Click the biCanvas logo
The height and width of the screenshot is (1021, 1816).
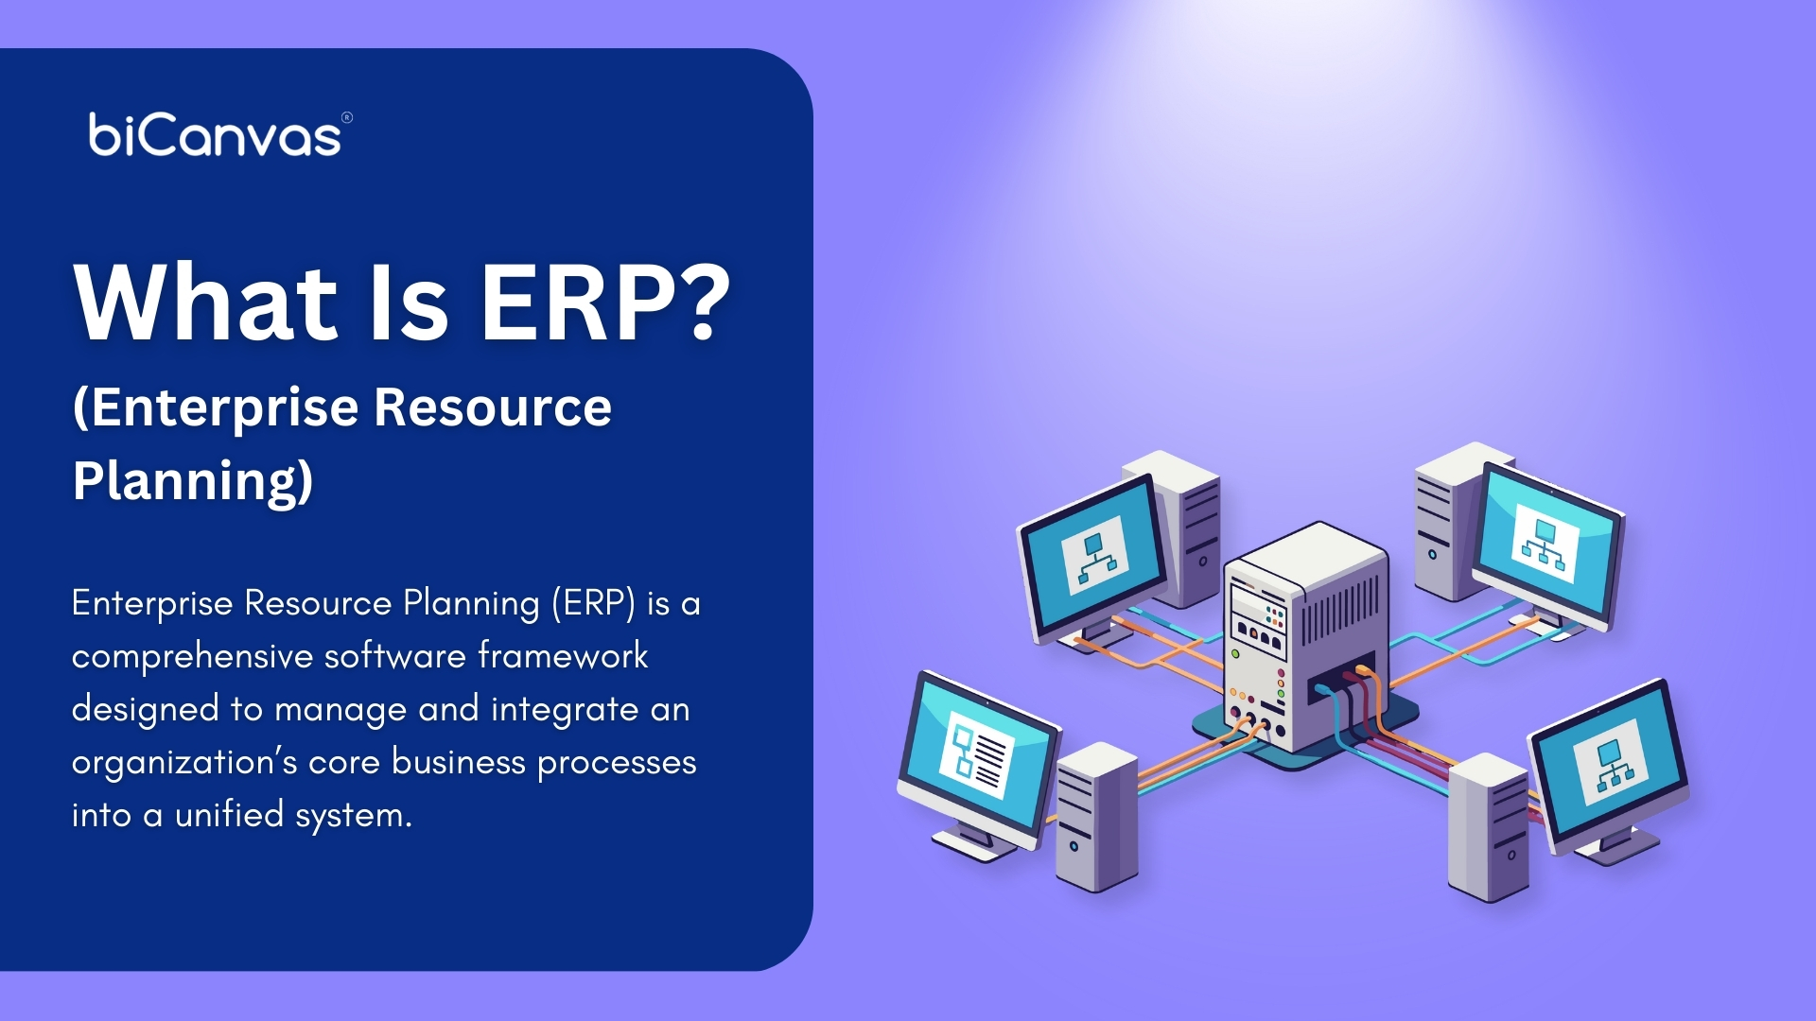tap(215, 135)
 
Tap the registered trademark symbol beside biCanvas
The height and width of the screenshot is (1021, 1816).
tap(347, 118)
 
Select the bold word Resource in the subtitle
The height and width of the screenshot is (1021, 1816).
tap(493, 407)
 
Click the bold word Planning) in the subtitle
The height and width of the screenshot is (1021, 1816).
tap(193, 480)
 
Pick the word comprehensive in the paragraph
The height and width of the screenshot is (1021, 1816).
tap(192, 656)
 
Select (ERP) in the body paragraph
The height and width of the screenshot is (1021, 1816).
tap(593, 603)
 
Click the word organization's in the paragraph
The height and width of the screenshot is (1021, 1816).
tap(184, 762)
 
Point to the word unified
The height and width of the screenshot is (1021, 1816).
tap(229, 814)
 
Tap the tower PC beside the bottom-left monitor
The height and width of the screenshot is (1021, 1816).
tap(1096, 817)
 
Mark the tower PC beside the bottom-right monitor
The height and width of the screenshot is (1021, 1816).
tap(1488, 827)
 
